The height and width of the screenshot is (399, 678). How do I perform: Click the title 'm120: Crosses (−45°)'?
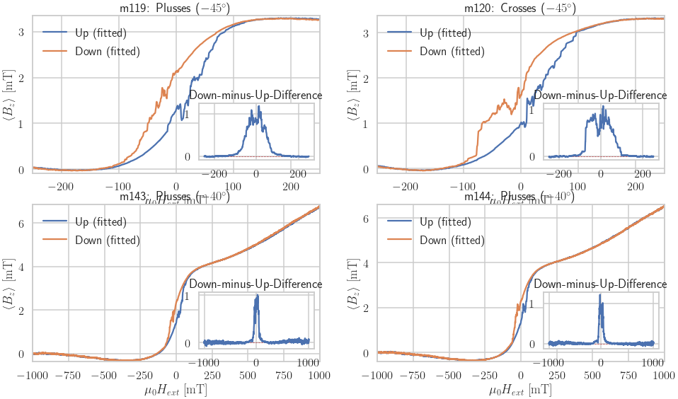tap(520, 8)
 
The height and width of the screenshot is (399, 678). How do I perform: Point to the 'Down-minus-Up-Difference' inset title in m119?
tap(255, 96)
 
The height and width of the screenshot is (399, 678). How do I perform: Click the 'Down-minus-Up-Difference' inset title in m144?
tap(600, 284)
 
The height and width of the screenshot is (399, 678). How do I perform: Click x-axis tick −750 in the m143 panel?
tap(69, 374)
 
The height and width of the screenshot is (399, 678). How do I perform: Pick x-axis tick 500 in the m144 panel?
tap(592, 374)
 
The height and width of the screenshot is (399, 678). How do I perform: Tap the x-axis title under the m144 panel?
tap(520, 389)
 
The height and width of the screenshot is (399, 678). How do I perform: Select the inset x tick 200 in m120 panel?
tap(641, 173)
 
